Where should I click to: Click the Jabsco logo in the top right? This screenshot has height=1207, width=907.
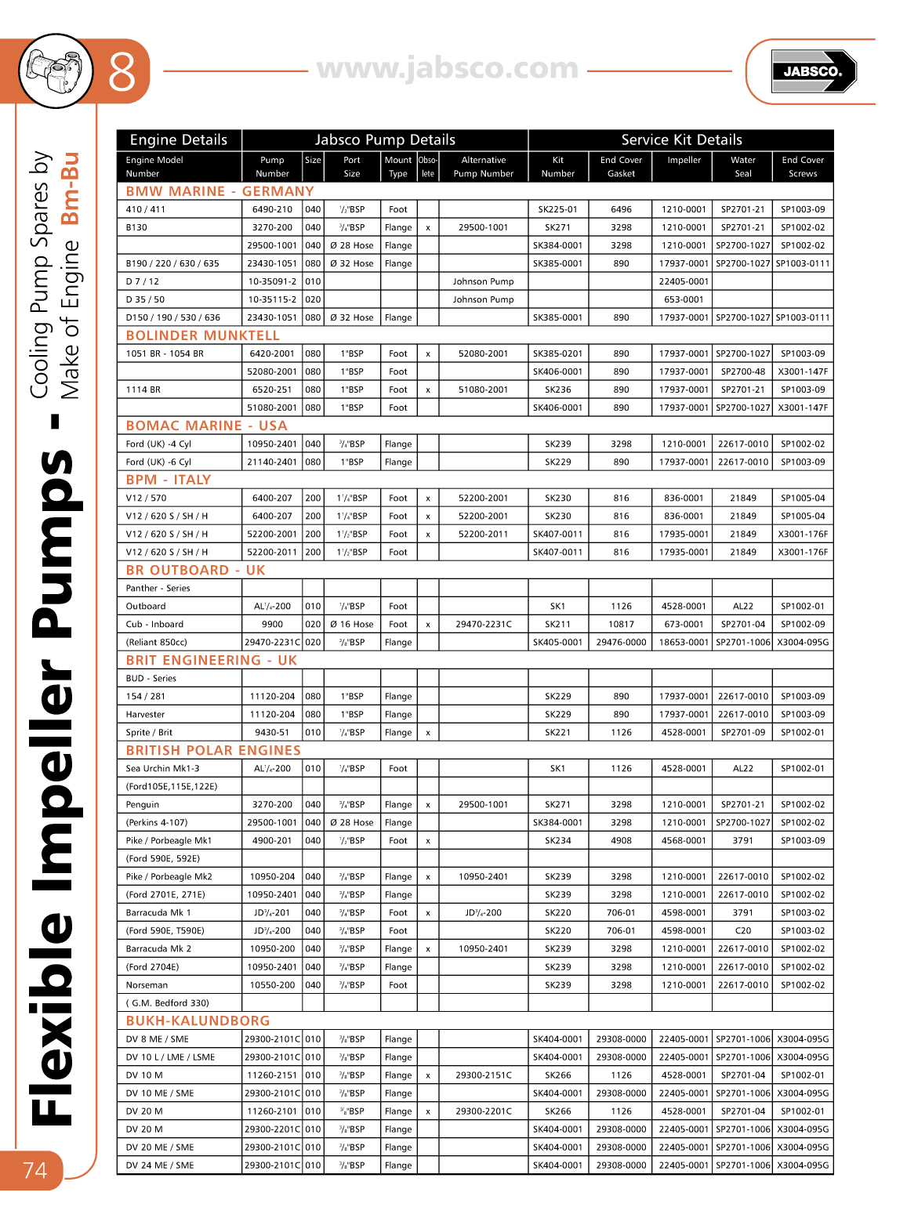[813, 71]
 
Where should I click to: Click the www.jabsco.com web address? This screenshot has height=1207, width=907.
[448, 69]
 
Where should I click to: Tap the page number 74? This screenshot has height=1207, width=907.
[34, 1170]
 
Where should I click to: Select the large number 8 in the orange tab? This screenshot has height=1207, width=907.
[122, 71]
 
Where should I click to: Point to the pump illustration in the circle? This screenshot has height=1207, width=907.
[55, 71]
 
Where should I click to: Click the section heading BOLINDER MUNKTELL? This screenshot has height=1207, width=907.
[202, 335]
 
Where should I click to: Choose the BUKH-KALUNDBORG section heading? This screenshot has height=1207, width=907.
[198, 1020]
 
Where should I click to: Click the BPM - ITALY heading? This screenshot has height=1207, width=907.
[168, 480]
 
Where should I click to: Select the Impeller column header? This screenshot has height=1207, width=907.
[684, 160]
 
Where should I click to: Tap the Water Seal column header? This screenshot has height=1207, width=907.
[742, 166]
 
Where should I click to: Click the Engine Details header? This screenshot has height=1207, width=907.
[179, 140]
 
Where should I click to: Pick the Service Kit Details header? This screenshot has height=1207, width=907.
[681, 140]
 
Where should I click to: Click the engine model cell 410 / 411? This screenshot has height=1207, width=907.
[146, 209]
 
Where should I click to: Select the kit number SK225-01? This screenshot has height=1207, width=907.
[557, 209]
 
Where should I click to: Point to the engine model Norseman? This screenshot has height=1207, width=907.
[147, 985]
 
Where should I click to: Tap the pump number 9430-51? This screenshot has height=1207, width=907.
[272, 733]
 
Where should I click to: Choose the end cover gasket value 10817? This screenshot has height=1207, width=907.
[621, 625]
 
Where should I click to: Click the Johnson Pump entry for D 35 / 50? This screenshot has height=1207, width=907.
[483, 299]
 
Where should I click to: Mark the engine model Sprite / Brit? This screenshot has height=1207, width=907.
[149, 733]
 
